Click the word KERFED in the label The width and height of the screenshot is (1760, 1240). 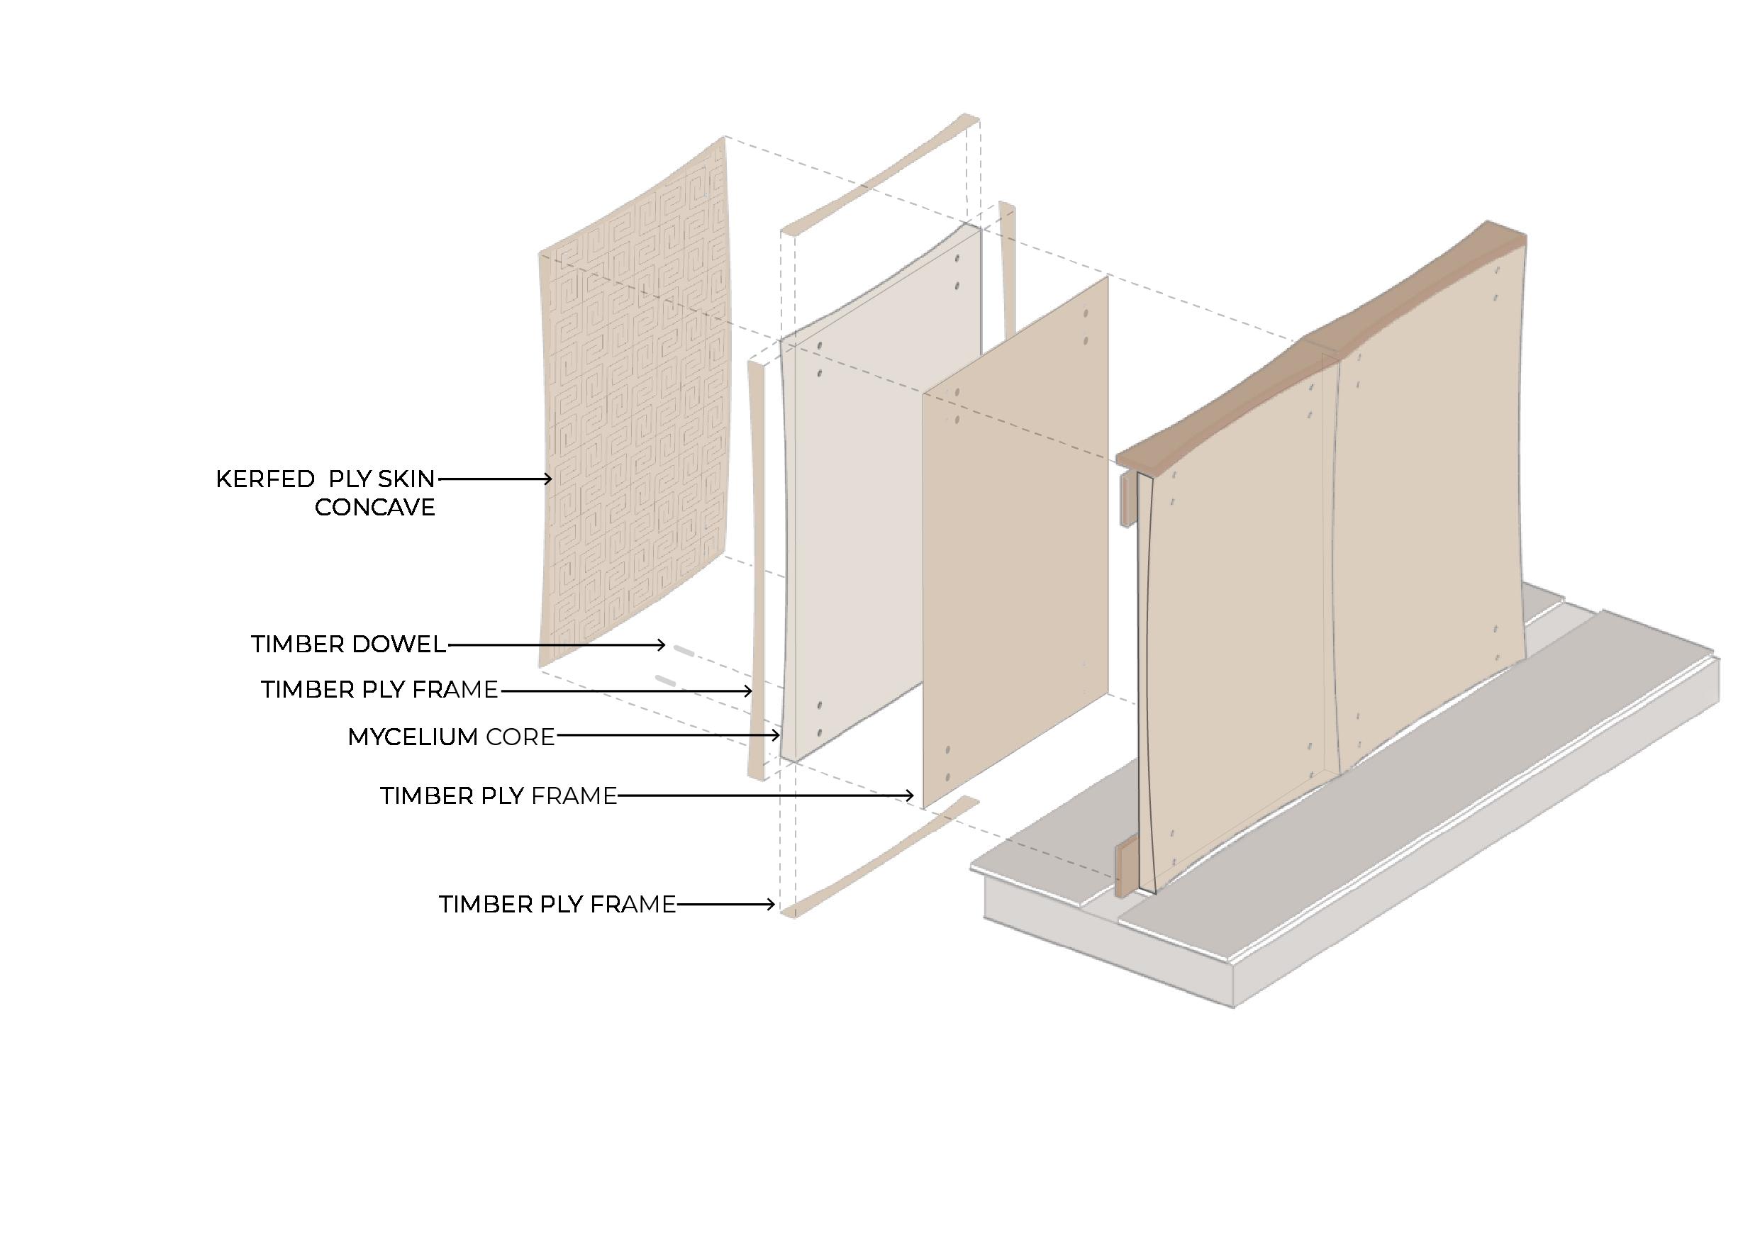264,479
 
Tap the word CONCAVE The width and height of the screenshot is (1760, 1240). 374,508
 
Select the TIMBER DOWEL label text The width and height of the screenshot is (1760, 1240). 348,644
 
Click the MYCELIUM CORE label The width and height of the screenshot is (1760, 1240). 451,737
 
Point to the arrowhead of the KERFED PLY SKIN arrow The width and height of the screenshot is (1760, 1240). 548,479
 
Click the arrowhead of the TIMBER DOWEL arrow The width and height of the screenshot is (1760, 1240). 662,645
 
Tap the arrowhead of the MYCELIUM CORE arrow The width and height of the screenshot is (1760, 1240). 776,737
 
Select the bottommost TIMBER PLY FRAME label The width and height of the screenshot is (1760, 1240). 557,905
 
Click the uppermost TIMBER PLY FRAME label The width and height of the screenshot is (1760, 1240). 379,690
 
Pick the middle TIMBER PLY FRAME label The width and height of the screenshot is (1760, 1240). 499,796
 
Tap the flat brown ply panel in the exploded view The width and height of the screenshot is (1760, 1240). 1015,544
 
